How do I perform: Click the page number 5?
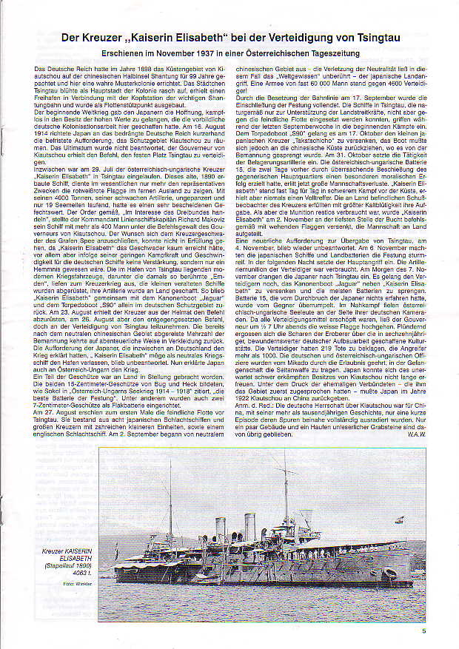[x=424, y=631]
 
